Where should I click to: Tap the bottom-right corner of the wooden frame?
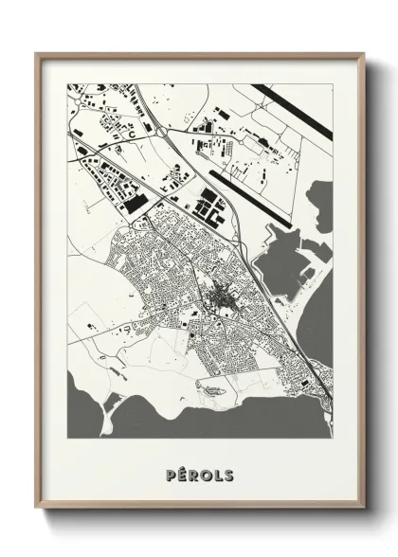point(363,509)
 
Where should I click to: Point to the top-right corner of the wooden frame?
point(363,54)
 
